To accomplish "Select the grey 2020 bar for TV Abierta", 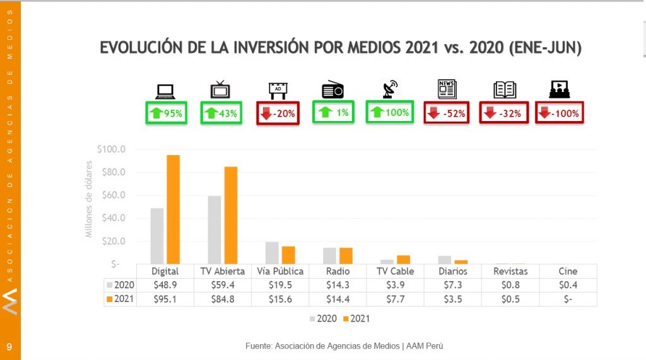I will tap(214, 229).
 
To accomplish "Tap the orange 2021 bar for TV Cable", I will tap(403, 259).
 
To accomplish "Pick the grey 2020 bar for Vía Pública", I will tap(271, 252).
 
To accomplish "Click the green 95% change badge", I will tap(166, 113).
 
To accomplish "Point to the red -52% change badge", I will tap(446, 113).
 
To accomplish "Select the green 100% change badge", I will tap(390, 113).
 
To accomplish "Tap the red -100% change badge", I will tap(559, 113).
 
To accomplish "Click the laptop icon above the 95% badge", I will tap(165, 91).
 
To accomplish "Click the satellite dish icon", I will tap(389, 90).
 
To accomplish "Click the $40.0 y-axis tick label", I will tap(113, 218).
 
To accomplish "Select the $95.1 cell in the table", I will tap(165, 299).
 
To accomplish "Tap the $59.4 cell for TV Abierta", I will tap(222, 285).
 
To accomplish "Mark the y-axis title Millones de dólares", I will tap(89, 199).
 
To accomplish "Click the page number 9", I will tap(9, 346).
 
